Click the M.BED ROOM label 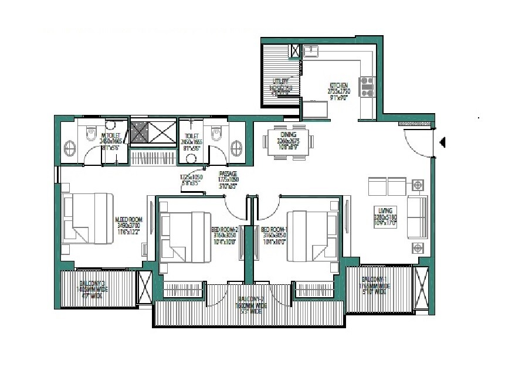127,221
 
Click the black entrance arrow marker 443,141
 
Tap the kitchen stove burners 368,87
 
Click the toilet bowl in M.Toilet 90,132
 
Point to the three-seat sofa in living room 418,215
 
